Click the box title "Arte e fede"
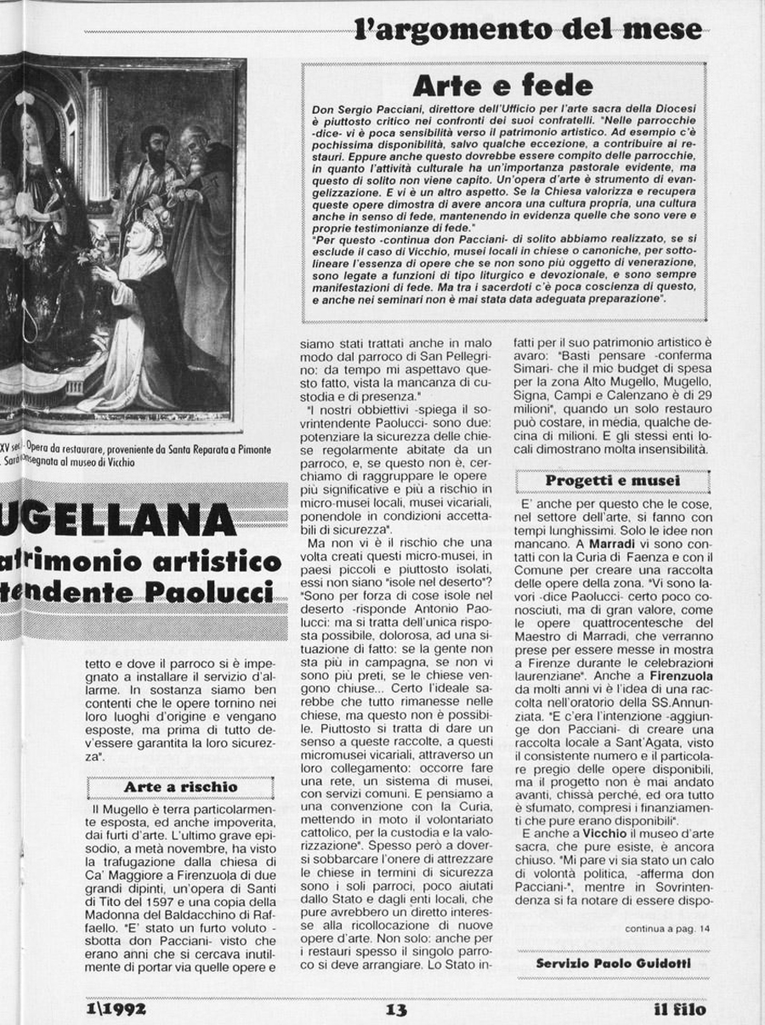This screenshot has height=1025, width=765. pyautogui.click(x=502, y=85)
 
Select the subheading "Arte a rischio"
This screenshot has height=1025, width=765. pyautogui.click(x=180, y=787)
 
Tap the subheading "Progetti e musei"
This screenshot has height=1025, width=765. pyautogui.click(x=612, y=481)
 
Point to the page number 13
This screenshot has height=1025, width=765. pyautogui.click(x=396, y=1010)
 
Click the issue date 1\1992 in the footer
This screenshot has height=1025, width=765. pyautogui.click(x=116, y=1010)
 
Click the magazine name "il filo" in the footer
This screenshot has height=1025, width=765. pyautogui.click(x=679, y=1010)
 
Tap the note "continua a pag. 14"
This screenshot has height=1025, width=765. pyautogui.click(x=667, y=928)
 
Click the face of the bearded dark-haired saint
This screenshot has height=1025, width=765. pyautogui.click(x=155, y=146)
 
